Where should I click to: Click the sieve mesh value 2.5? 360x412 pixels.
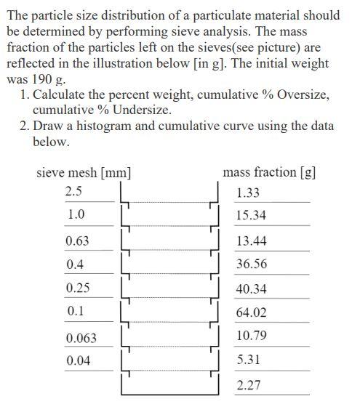(x=73, y=192)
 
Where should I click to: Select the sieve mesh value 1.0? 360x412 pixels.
(x=76, y=215)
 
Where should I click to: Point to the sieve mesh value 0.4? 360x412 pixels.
(x=75, y=264)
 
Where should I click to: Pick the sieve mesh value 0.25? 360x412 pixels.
(x=77, y=288)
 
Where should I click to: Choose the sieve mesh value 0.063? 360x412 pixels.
(x=80, y=338)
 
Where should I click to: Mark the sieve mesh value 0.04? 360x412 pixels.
(x=77, y=360)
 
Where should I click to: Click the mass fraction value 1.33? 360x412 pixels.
(x=248, y=193)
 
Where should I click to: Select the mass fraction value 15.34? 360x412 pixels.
(x=251, y=216)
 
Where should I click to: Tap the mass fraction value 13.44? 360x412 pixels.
(x=251, y=241)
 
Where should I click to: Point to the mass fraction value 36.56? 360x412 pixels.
(x=252, y=264)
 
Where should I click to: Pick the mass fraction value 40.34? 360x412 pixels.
(x=252, y=288)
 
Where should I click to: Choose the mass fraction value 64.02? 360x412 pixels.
(x=252, y=312)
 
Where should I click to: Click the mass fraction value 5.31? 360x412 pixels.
(x=249, y=360)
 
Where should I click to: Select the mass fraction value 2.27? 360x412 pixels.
(x=249, y=384)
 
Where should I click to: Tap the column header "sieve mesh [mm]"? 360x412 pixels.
(x=84, y=173)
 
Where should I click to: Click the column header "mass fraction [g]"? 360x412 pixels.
(x=269, y=172)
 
